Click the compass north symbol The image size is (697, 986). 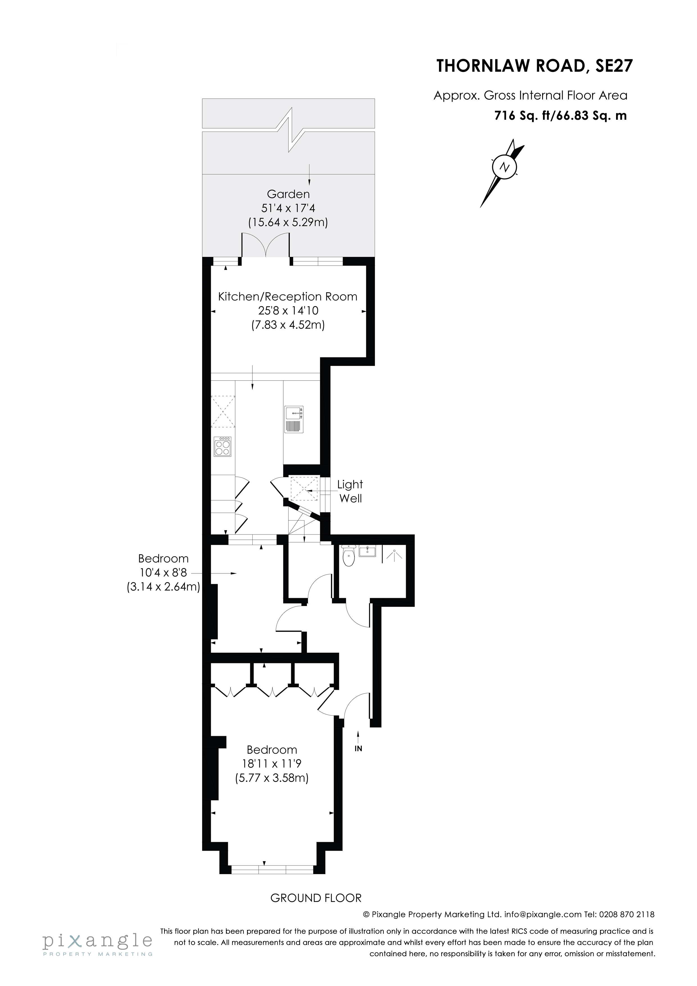click(x=504, y=167)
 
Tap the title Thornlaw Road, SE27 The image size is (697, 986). click(x=535, y=67)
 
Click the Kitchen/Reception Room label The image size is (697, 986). click(x=288, y=297)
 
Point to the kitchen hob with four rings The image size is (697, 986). click(x=223, y=447)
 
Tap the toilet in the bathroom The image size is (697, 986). click(x=348, y=556)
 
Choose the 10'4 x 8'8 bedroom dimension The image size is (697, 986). click(x=163, y=573)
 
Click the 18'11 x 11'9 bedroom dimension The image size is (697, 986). click(x=272, y=764)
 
